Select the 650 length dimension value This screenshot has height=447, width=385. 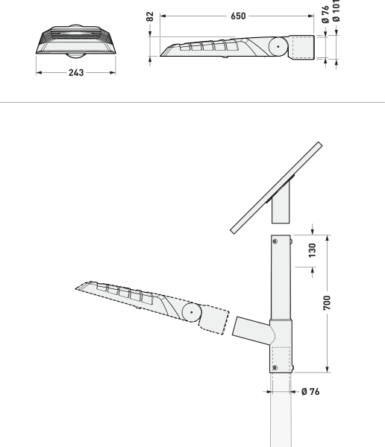pos(238,15)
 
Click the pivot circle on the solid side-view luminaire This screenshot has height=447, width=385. pos(278,46)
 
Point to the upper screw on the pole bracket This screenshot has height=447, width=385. pos(276,240)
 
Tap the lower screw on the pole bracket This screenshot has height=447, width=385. pos(276,367)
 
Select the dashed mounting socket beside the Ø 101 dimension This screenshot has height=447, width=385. pos(304,47)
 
